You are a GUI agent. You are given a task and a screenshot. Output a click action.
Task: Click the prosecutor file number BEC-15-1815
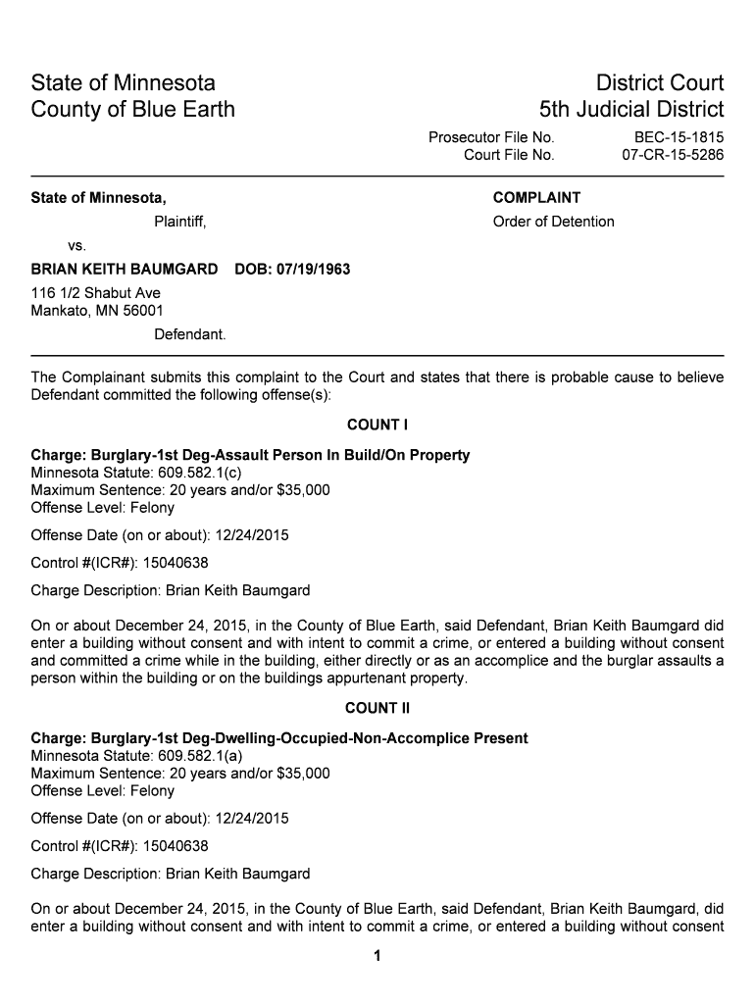679,137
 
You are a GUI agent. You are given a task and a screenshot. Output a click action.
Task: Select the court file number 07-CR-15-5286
673,155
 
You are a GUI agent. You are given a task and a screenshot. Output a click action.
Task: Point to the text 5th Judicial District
630,109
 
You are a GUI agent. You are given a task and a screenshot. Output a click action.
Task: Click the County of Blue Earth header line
132,109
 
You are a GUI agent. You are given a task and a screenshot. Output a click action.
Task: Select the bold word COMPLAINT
536,198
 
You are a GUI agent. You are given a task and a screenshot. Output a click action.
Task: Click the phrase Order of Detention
553,222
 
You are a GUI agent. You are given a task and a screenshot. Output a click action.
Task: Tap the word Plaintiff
179,222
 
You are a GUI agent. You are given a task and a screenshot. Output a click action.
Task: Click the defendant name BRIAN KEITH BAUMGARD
125,269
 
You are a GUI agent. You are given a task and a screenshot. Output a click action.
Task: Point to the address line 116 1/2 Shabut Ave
95,293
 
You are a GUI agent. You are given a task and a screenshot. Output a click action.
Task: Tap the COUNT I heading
377,425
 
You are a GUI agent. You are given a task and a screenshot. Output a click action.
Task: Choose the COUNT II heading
377,708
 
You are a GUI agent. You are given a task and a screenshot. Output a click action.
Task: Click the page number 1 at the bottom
377,957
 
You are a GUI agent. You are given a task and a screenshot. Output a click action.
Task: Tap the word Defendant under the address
189,334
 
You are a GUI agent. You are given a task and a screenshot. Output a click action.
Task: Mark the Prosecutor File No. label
491,137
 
